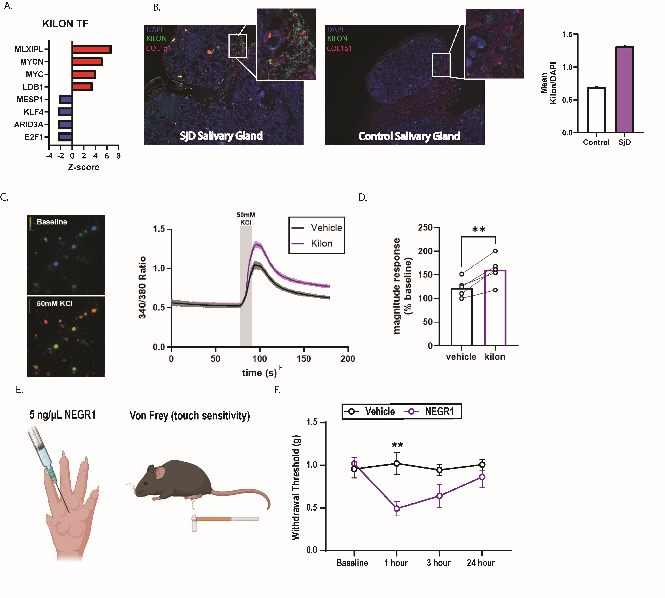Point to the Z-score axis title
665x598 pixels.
tap(83, 167)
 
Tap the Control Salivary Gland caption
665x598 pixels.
tap(409, 136)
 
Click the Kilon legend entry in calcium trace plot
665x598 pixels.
tap(321, 243)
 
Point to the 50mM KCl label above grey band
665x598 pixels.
tap(246, 219)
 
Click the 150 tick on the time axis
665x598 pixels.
tap(304, 359)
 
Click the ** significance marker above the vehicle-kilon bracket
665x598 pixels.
tap(478, 229)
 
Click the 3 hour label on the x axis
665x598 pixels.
tap(439, 563)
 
